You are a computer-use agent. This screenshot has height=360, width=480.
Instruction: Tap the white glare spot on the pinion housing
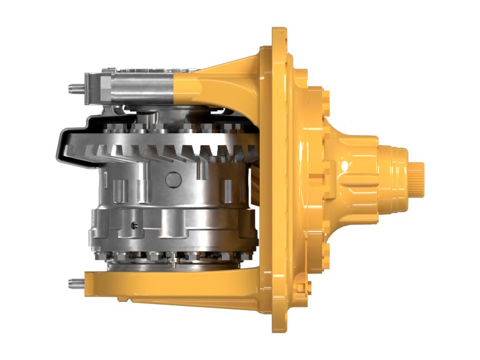[x=344, y=163]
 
